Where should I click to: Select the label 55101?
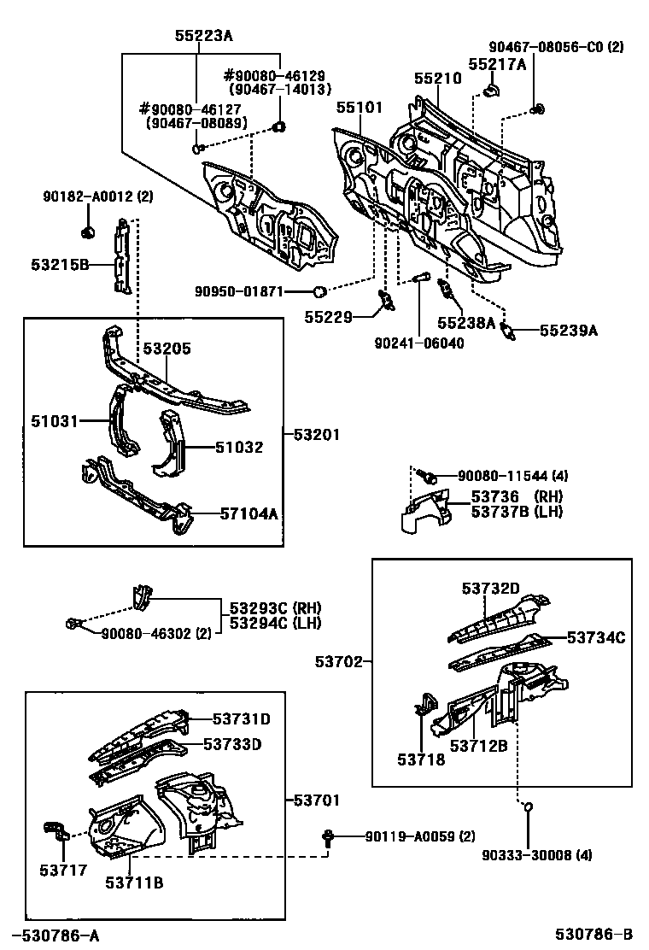coord(359,108)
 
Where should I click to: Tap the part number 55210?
coord(437,78)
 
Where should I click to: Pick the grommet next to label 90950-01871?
coord(319,291)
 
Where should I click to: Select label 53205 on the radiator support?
coord(167,349)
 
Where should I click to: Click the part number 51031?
coord(56,420)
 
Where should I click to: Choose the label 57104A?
coord(249,513)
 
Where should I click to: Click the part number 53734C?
coord(596,637)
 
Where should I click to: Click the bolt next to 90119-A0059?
coord(328,837)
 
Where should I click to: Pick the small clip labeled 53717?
coord(56,831)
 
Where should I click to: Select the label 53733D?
coord(231,744)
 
